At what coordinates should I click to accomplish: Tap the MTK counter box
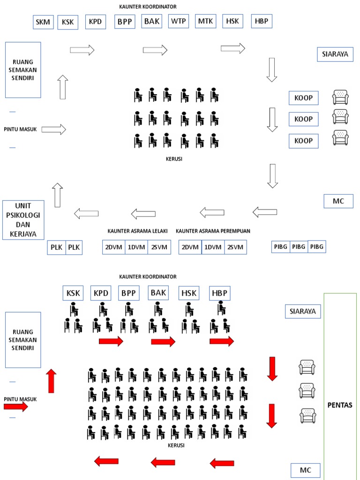pyautogui.click(x=205, y=21)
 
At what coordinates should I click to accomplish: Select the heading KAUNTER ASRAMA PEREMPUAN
pyautogui.click(x=213, y=231)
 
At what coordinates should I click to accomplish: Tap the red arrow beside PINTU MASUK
pyautogui.click(x=16, y=406)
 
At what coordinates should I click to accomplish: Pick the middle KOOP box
pyautogui.click(x=303, y=120)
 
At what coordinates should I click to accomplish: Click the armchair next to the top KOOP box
pyautogui.click(x=340, y=97)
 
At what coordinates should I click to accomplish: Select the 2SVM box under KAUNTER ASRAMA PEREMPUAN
pyautogui.click(x=235, y=247)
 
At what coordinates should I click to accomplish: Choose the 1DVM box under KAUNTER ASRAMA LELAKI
pyautogui.click(x=136, y=247)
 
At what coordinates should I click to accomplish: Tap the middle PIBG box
pyautogui.click(x=299, y=247)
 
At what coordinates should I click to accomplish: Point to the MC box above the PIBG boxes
pyautogui.click(x=338, y=201)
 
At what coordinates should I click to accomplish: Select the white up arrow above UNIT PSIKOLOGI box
pyautogui.click(x=57, y=195)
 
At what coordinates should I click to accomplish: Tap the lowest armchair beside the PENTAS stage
pyautogui.click(x=307, y=415)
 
